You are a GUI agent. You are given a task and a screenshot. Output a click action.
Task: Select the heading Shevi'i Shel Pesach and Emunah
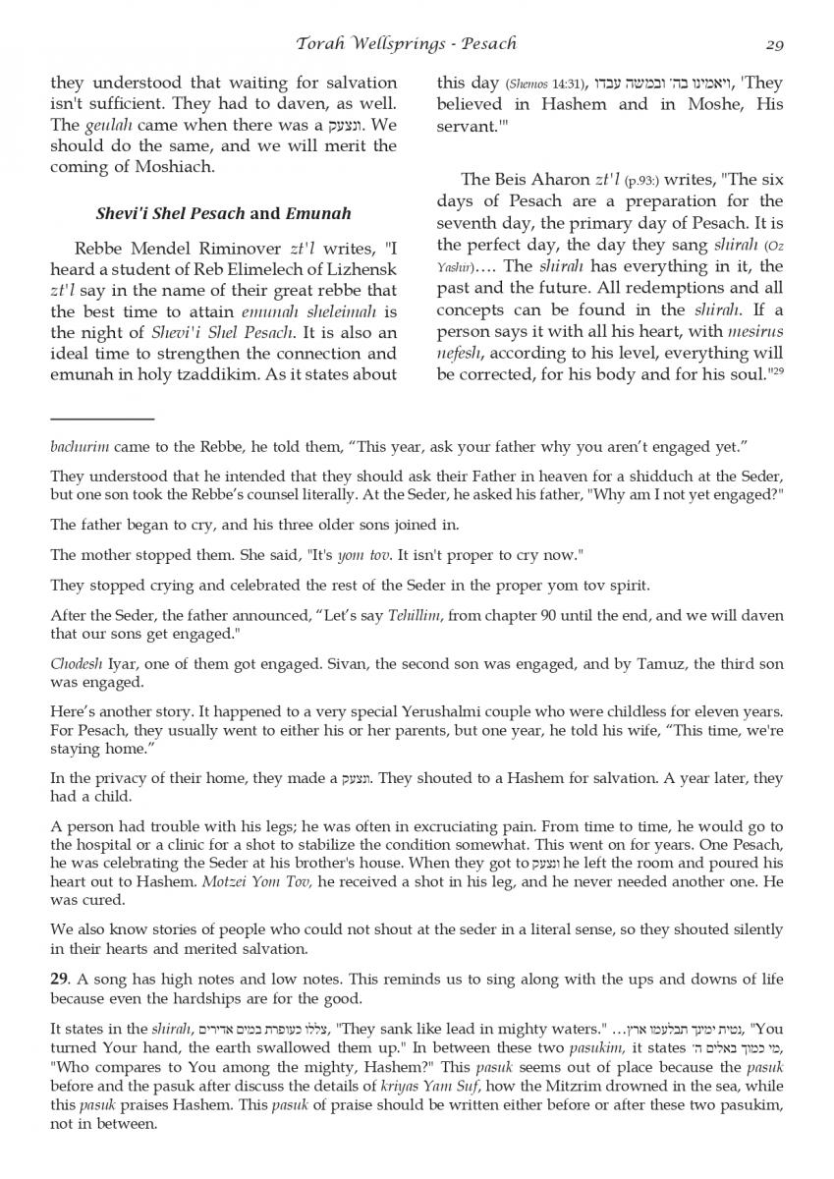coord(223,213)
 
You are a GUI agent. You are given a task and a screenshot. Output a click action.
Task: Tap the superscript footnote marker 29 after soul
coord(776,371)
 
